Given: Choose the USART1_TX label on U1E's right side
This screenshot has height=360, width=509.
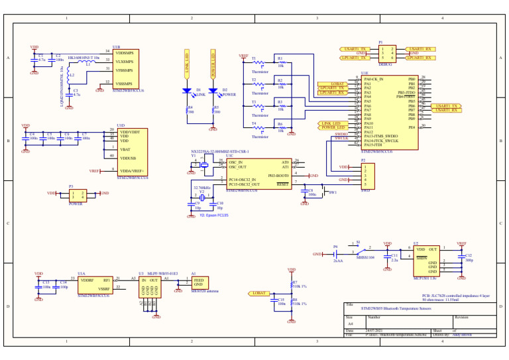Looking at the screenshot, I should [x=445, y=105].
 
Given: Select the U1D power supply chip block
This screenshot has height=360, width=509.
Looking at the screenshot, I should [x=132, y=152].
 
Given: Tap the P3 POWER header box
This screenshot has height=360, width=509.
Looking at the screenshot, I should [x=78, y=195].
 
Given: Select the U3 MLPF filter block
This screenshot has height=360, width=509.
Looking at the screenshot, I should [x=149, y=286].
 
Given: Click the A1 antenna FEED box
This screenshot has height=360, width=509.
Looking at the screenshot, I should [x=199, y=282].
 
